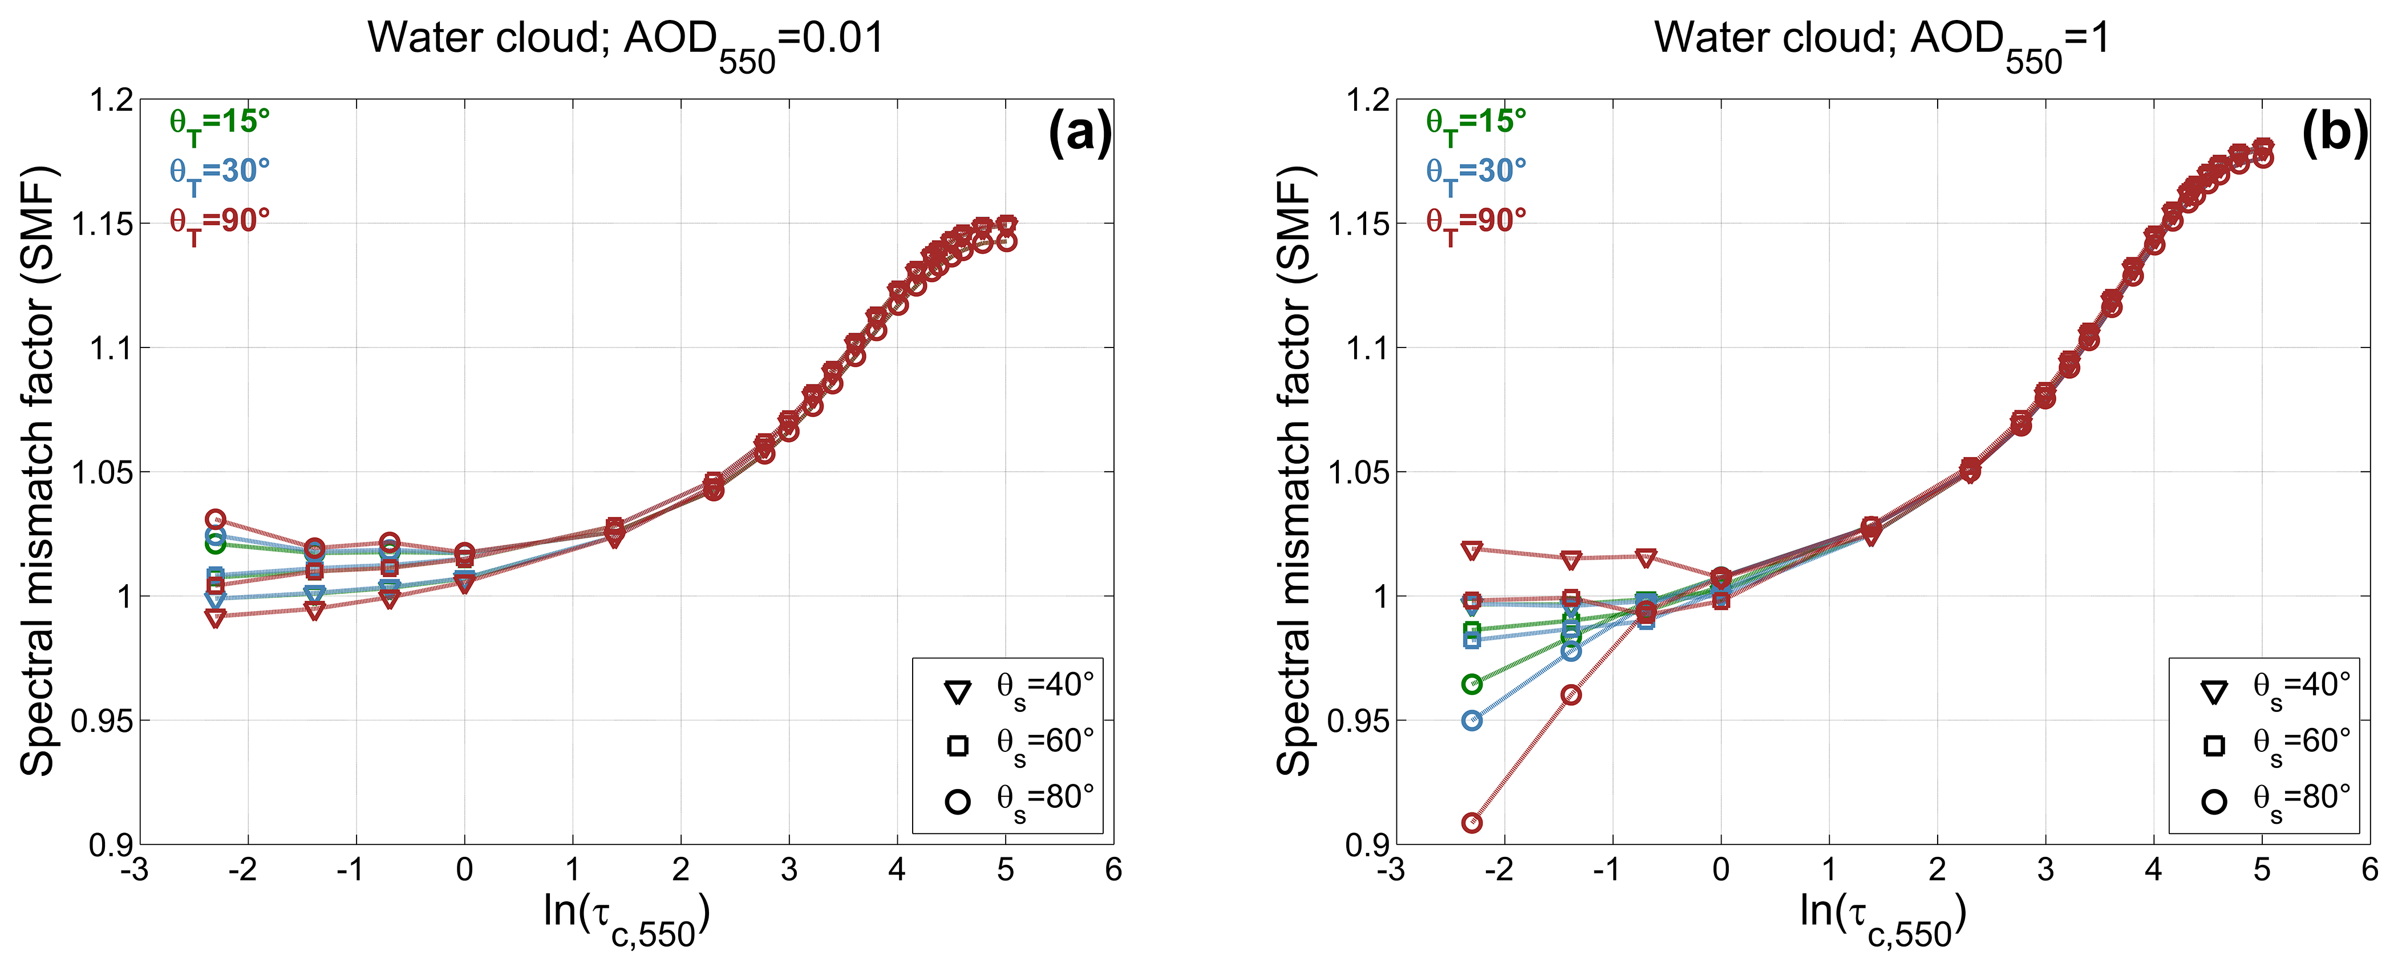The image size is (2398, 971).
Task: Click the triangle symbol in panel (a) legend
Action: pos(957,691)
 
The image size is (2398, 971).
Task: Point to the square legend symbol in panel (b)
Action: pos(2214,745)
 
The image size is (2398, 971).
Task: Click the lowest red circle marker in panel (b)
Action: pos(1472,822)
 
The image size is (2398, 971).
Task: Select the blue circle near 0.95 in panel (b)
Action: pos(1472,719)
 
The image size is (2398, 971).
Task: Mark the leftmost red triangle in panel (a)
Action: pos(215,617)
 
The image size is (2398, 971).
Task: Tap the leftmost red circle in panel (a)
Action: pos(215,519)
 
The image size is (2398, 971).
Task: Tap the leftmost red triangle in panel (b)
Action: pos(1472,550)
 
